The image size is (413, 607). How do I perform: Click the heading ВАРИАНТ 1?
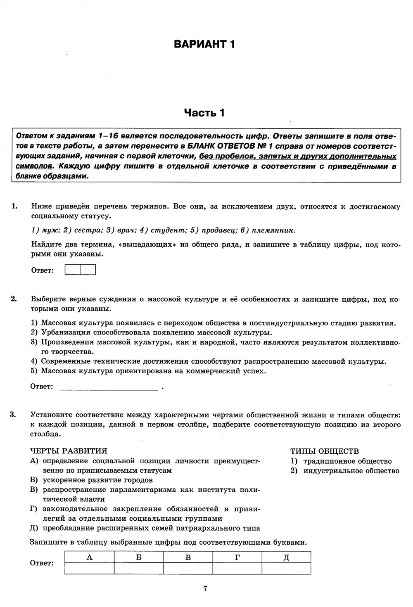point(204,44)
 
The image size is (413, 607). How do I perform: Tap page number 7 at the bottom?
point(205,589)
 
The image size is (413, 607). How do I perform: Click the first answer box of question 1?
point(73,270)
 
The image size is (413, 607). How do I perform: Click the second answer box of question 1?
point(88,270)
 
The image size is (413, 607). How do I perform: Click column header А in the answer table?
point(90,557)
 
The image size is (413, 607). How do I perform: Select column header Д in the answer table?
point(286,557)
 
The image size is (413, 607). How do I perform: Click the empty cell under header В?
point(188,569)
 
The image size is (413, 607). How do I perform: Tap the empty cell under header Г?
point(237,569)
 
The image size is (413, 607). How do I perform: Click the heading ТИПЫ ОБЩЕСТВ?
point(325,451)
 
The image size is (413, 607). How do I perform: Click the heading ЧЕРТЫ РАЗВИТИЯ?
point(69,451)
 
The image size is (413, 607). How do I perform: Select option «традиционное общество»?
point(347,461)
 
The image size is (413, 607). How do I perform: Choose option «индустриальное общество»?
point(351,471)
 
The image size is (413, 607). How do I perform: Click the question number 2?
point(13,299)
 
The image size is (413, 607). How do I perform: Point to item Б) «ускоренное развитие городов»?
point(97,480)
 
